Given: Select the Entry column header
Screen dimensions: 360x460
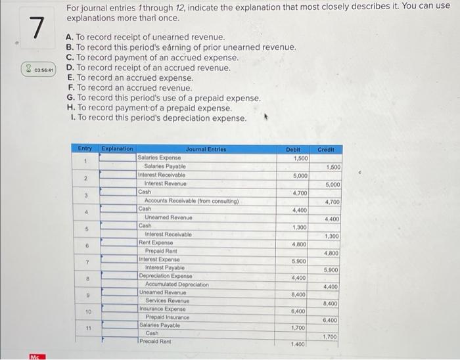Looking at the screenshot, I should (85, 150).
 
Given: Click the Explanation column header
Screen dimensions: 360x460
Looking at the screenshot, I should (118, 150).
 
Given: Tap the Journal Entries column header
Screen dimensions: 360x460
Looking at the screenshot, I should (206, 150).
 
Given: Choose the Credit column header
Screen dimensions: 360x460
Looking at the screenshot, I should (326, 150).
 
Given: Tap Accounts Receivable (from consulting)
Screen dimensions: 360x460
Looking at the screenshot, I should (191, 200).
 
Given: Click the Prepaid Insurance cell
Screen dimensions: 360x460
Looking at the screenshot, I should (168, 317).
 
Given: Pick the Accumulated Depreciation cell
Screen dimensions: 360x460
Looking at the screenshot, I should (177, 284).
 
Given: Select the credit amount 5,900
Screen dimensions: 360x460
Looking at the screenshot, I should (331, 269).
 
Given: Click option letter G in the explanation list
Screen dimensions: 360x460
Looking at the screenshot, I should (70, 98).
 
